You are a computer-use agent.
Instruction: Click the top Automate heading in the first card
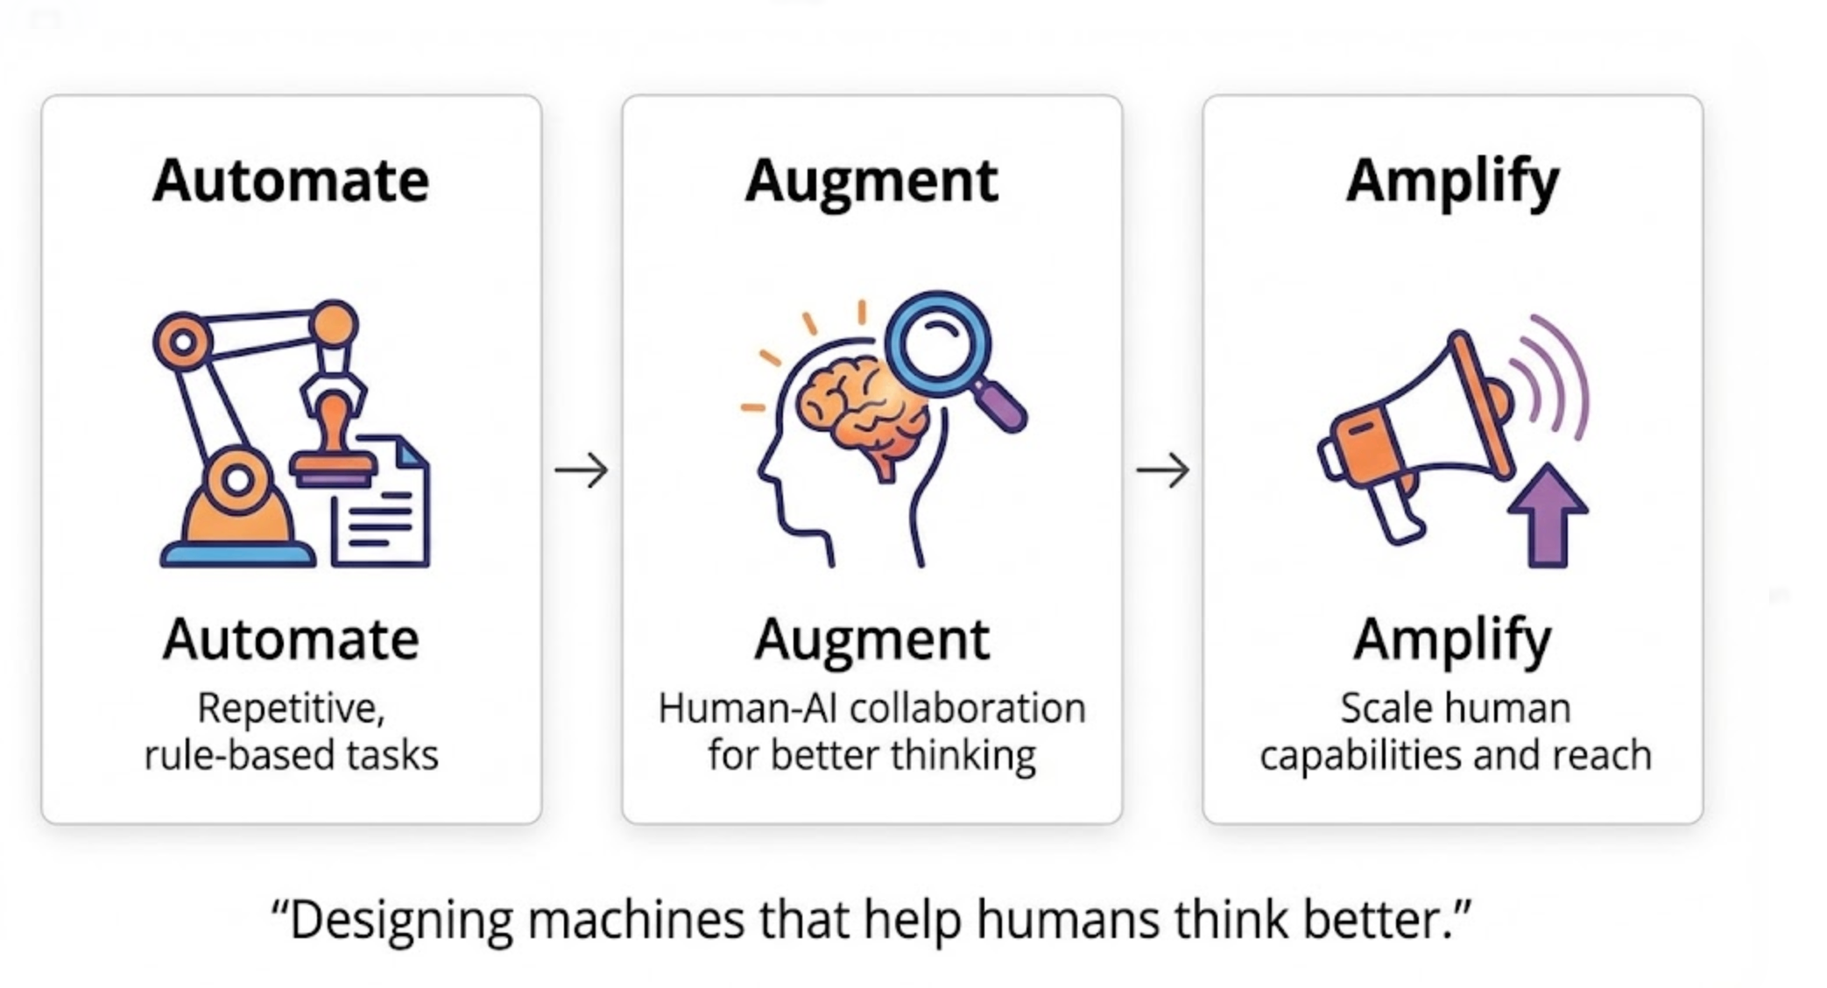[x=291, y=181]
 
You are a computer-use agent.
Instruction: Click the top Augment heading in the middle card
[x=871, y=181]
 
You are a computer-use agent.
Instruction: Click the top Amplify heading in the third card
[x=1452, y=181]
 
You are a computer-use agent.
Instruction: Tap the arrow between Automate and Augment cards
[x=582, y=470]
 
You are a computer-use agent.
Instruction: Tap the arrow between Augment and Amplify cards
[x=1162, y=470]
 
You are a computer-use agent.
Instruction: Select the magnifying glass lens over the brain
[x=938, y=344]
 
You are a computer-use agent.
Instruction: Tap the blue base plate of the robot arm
[x=237, y=555]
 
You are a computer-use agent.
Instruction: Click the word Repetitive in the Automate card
[x=291, y=708]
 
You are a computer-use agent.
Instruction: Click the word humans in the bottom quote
[x=1068, y=920]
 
